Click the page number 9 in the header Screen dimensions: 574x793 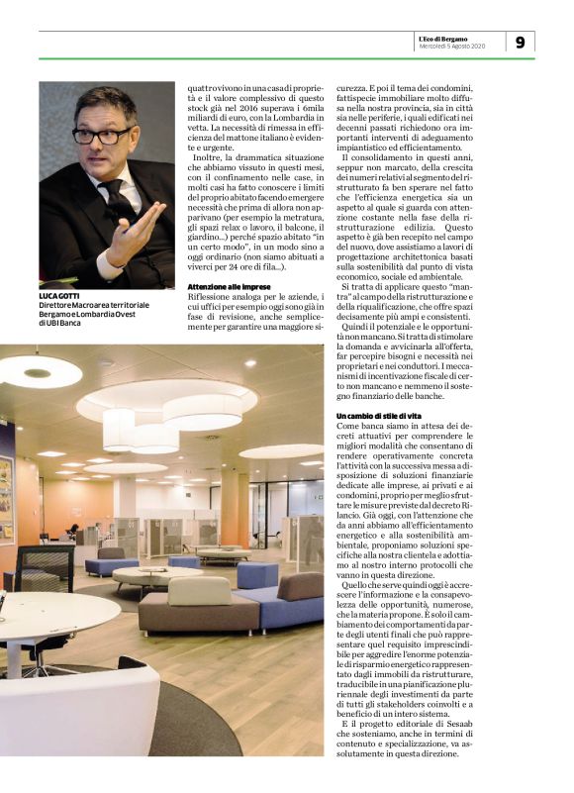(x=520, y=41)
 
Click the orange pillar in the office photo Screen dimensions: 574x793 (x=235, y=505)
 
